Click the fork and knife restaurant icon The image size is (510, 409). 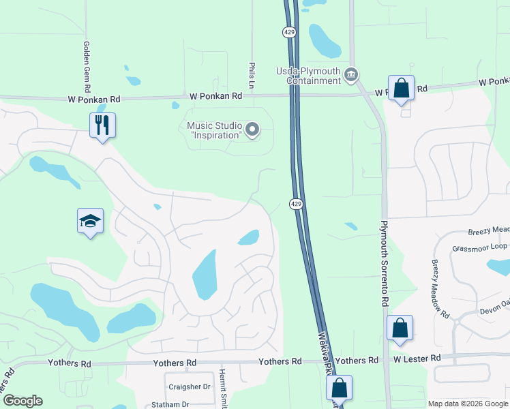coord(102,125)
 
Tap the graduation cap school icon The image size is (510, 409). coord(90,221)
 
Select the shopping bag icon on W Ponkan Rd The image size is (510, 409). coord(401,88)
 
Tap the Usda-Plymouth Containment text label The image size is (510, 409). coord(309,76)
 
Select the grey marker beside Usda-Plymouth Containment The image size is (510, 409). coord(351,74)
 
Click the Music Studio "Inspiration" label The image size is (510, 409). coord(214,130)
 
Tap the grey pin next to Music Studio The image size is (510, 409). coord(253,129)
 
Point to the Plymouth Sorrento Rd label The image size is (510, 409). coord(385,262)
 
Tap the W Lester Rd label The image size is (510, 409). coord(416,358)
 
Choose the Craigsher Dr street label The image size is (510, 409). coord(188,387)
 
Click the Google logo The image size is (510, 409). coord(22,401)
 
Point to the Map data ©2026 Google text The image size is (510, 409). coord(468,404)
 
